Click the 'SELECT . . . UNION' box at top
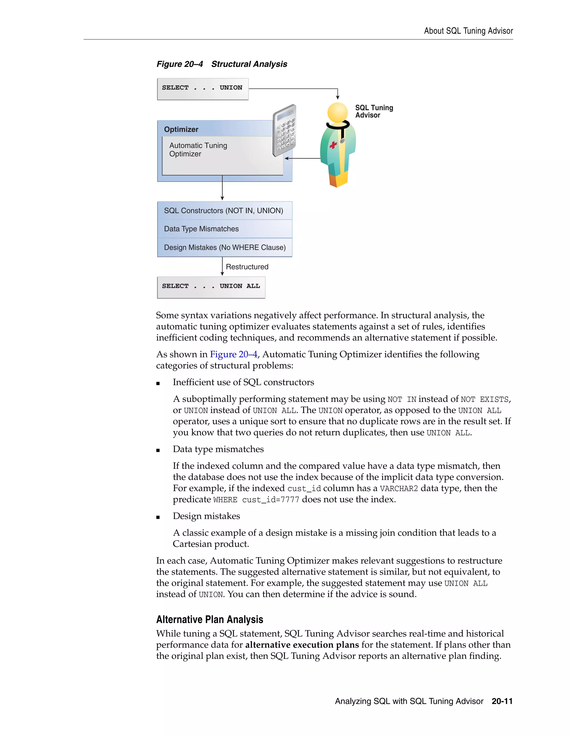[x=203, y=89]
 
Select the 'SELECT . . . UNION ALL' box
[x=211, y=287]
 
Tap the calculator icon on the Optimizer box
[x=284, y=131]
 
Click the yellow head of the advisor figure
[x=337, y=112]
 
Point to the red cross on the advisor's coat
[x=333, y=145]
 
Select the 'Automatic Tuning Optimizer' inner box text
[x=198, y=150]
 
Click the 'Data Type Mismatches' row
[x=224, y=229]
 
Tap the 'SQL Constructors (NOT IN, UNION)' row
[x=224, y=211]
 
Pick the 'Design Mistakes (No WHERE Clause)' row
[x=224, y=247]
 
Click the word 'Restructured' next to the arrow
[x=247, y=267]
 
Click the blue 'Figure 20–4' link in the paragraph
[x=233, y=354]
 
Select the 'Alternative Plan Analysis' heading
[x=210, y=619]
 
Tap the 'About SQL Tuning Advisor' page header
[x=468, y=31]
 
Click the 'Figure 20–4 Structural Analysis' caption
[x=222, y=64]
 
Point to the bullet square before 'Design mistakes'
[x=158, y=517]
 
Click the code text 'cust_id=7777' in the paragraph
[x=270, y=499]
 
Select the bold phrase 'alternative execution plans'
[x=302, y=645]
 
